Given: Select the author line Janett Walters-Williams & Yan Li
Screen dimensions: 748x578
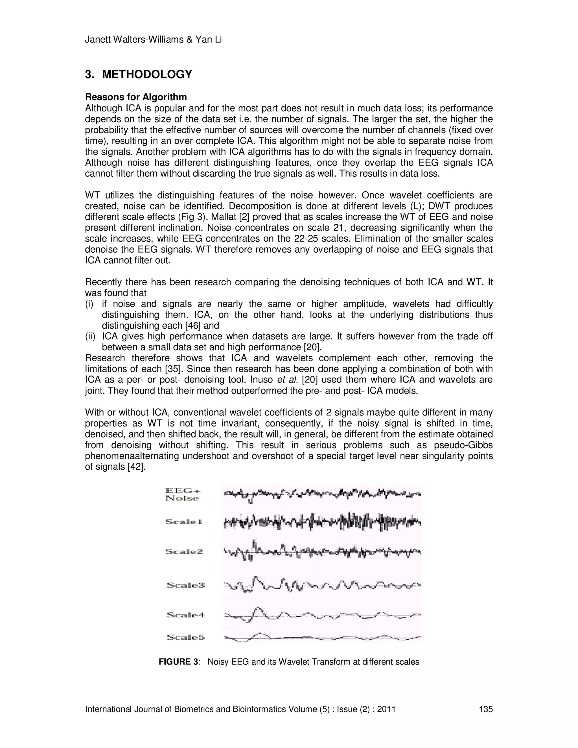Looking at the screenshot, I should click(153, 40).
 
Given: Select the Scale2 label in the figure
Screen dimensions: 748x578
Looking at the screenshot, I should click(184, 552).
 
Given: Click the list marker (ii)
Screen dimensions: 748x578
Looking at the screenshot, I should click(90, 337).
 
